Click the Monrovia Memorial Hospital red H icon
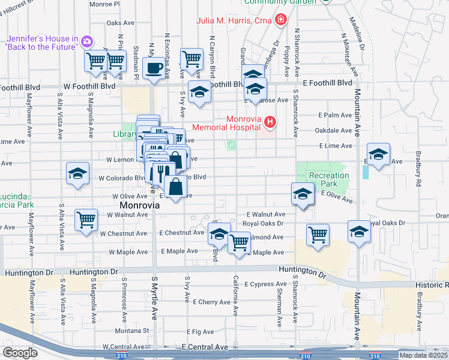(270, 123)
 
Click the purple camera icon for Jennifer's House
(86, 41)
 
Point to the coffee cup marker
(154, 67)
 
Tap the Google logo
(20, 352)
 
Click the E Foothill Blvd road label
(327, 83)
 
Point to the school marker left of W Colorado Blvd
(78, 173)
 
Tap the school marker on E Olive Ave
(303, 193)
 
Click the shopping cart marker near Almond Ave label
(239, 242)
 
